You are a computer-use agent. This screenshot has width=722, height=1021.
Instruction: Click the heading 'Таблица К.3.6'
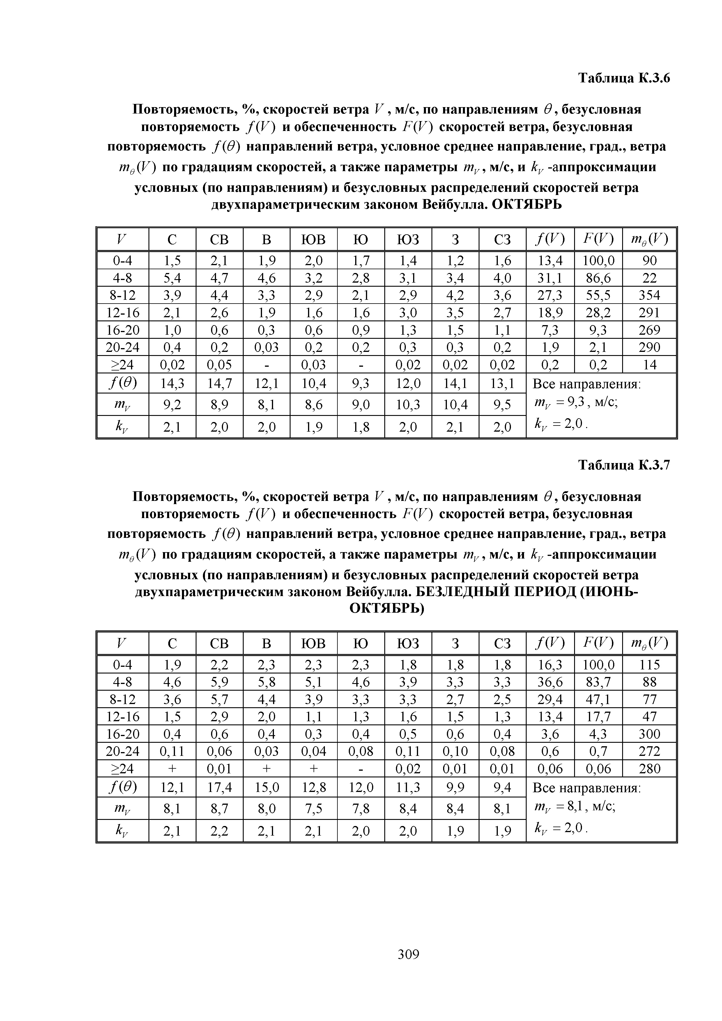tap(624, 78)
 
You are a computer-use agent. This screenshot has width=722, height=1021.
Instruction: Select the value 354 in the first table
tap(650, 295)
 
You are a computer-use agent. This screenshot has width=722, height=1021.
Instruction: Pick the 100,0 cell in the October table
tap(598, 260)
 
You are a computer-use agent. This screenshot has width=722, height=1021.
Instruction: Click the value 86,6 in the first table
tap(598, 278)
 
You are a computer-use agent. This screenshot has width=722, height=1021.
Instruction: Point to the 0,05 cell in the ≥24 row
tap(219, 365)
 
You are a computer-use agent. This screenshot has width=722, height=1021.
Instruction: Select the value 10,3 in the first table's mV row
tap(408, 405)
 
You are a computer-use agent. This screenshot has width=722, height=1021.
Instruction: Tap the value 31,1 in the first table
tap(550, 278)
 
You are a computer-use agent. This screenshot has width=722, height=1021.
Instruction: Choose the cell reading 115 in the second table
tap(650, 665)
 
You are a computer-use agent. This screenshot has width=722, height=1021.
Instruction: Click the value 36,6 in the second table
tap(550, 682)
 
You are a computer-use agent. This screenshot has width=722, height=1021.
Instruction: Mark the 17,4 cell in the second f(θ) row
tap(219, 788)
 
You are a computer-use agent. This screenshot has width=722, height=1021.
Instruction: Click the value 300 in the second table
tap(650, 734)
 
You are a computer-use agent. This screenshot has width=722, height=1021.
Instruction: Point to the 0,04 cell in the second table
tap(314, 751)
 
